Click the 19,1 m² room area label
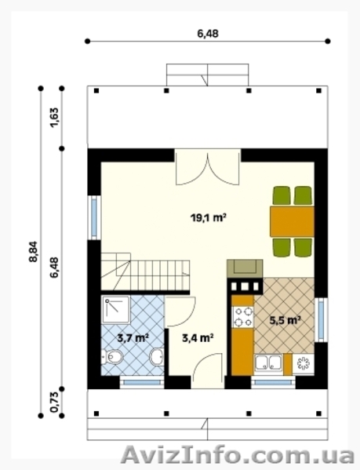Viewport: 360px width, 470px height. click(208, 217)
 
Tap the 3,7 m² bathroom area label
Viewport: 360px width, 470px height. click(133, 338)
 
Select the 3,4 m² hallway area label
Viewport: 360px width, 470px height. click(198, 338)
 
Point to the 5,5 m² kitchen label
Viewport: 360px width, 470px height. click(285, 320)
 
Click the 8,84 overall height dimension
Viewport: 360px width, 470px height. click(33, 252)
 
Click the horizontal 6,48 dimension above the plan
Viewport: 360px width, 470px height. click(208, 34)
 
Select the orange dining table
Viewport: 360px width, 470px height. click(292, 221)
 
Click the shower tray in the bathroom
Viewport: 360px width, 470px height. click(115, 310)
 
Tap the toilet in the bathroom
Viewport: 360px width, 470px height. click(112, 357)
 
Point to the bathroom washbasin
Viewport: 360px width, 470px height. click(157, 357)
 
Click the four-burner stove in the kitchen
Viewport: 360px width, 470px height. click(243, 317)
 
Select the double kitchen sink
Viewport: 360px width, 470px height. click(268, 363)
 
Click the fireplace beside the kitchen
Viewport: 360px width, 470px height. click(245, 268)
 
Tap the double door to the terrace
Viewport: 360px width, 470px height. click(207, 167)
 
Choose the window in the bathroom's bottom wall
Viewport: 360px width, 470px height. click(142, 382)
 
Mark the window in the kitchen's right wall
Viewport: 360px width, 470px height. click(321, 320)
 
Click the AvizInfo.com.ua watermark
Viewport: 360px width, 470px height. click(238, 456)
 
